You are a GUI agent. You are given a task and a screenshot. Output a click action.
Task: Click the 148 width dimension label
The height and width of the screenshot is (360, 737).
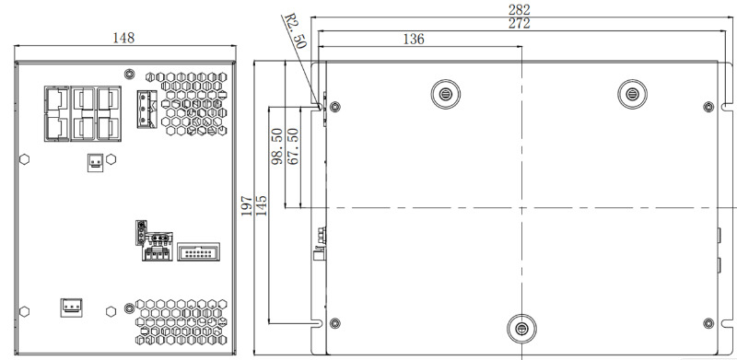pos(123,38)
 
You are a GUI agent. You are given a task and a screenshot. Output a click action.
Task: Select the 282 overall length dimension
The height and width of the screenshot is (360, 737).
pos(520,8)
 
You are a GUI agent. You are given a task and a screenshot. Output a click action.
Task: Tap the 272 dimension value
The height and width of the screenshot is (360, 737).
pos(520,24)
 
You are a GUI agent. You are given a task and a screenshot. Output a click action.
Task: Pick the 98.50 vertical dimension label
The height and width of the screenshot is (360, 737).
pos(276,147)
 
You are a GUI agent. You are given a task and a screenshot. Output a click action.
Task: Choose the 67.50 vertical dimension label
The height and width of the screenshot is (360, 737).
pos(293,147)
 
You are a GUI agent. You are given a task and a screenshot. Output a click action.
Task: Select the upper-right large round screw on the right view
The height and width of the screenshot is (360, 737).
pos(632,92)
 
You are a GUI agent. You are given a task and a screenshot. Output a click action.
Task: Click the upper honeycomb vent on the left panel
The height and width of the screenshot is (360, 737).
pos(195,103)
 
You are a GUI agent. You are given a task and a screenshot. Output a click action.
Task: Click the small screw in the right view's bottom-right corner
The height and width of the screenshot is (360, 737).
pos(707,323)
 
